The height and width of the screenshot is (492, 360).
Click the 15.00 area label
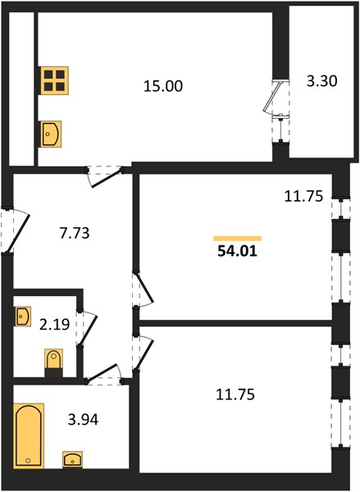(163, 86)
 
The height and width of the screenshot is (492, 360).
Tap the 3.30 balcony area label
(322, 81)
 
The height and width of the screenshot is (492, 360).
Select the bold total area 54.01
(237, 251)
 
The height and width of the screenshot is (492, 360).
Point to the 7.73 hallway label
(75, 233)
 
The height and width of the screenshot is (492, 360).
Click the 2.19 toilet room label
(55, 325)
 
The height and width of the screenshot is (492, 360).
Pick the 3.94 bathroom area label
(83, 420)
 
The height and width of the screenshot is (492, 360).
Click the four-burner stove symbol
(54, 80)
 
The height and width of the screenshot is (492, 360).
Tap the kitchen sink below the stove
(51, 134)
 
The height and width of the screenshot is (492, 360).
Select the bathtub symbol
(29, 436)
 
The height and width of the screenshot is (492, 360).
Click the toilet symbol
(53, 362)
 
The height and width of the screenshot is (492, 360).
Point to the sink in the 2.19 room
(22, 317)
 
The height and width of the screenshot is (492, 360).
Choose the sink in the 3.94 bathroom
(72, 460)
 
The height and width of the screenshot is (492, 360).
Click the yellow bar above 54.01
(237, 239)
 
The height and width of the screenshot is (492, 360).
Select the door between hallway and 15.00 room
(105, 176)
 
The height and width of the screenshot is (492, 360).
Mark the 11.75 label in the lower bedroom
(235, 394)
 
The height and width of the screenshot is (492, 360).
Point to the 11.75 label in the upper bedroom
(303, 197)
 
